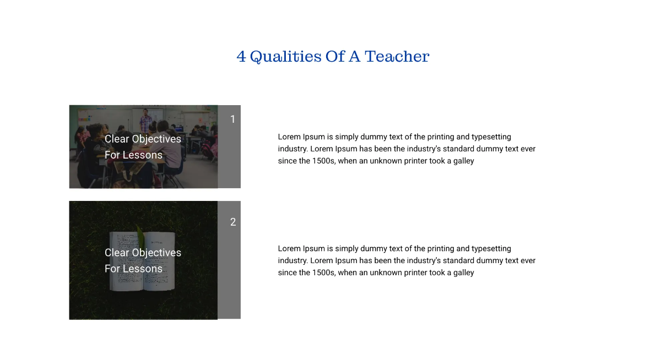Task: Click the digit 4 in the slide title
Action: point(241,57)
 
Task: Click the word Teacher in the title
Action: point(397,57)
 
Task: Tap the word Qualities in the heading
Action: point(285,57)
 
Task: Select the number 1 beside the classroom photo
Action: point(232,119)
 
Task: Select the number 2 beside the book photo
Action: point(232,222)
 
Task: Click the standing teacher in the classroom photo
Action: point(145,119)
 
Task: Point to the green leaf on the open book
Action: point(141,237)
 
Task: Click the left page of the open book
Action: point(125,261)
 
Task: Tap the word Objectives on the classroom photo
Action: point(156,139)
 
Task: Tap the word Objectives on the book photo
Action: point(156,253)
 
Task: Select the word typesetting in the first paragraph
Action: point(491,137)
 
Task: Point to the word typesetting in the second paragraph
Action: point(491,249)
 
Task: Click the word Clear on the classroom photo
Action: point(117,139)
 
